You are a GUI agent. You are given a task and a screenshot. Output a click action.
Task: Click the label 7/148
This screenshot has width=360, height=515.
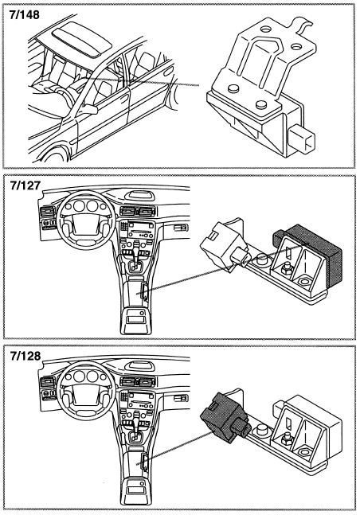(x=25, y=15)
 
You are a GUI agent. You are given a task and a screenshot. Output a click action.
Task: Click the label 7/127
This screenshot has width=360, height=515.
(x=25, y=185)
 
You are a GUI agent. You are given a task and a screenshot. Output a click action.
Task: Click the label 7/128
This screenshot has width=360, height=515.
(x=25, y=356)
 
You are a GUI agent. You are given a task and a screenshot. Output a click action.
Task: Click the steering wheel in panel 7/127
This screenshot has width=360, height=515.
(x=86, y=220)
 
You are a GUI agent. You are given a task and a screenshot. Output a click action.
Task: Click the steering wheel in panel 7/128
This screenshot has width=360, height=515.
(x=86, y=390)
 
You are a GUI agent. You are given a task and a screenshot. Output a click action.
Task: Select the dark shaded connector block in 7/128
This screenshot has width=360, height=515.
(x=225, y=416)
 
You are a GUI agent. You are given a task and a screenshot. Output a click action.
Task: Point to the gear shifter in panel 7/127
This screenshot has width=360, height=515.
(x=135, y=259)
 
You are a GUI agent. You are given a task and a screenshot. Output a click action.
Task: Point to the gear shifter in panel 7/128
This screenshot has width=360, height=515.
(x=135, y=431)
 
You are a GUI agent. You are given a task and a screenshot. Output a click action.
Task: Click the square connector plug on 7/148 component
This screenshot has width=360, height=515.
(x=302, y=139)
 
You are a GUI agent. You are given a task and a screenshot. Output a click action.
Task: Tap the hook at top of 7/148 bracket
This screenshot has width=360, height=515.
(x=303, y=25)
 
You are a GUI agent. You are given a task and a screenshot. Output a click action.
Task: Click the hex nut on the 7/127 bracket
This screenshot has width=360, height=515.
(x=288, y=269)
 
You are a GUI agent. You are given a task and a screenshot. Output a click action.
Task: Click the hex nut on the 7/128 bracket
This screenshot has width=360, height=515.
(x=288, y=440)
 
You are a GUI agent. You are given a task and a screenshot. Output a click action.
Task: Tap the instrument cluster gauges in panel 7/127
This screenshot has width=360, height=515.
(x=85, y=206)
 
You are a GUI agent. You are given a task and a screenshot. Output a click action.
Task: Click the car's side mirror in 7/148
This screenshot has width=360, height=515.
(x=88, y=109)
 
